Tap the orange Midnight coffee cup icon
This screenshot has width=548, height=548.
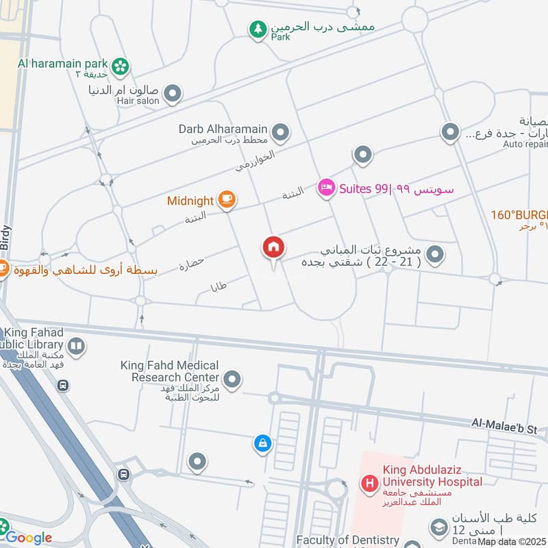(227, 200)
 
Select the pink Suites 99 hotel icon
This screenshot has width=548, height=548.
(326, 188)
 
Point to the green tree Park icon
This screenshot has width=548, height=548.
(258, 29)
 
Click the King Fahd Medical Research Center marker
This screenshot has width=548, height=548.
(233, 378)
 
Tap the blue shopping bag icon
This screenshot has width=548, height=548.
(262, 444)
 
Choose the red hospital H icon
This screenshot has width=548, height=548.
(370, 484)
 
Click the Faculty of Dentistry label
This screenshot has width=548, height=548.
(348, 540)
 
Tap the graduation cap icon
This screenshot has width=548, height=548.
(438, 527)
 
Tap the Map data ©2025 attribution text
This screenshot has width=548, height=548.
(512, 542)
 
